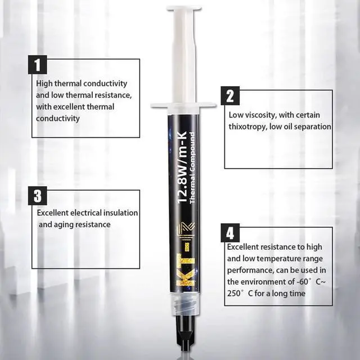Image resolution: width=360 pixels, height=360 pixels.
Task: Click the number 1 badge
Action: pos(37,65)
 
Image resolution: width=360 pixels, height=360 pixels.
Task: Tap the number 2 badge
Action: pos(229,95)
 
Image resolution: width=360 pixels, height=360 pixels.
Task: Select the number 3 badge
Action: pos(37,196)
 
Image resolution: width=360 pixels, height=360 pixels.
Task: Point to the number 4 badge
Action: pos(229,232)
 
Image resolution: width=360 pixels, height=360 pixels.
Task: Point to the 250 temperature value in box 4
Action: pos(235,293)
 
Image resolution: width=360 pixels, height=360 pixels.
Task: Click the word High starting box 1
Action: pos(45,83)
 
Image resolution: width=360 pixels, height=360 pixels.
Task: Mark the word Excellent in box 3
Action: pos(53,213)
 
